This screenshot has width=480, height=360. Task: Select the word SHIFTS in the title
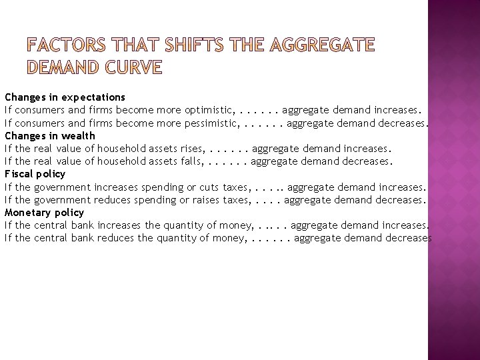[203, 46]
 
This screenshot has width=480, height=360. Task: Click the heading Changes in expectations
[65, 97]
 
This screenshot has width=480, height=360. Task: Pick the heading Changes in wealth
[50, 135]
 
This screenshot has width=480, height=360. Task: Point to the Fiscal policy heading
[35, 174]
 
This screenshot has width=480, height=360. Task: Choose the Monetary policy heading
[44, 213]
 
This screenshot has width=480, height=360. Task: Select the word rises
[192, 149]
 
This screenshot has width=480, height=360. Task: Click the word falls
[191, 161]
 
